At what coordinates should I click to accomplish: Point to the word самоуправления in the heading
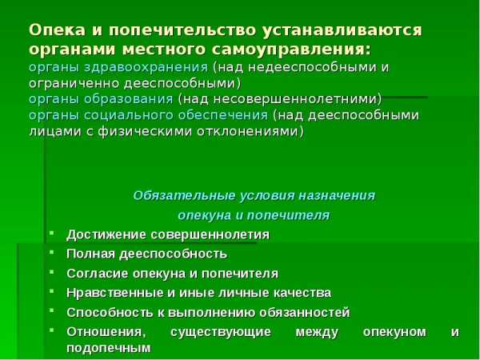[291, 50]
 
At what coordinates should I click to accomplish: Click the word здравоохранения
[146, 68]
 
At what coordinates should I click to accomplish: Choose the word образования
[129, 99]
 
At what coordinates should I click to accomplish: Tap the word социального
[129, 116]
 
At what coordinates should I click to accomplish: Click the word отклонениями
[250, 131]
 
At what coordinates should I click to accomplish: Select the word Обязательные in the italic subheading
[185, 196]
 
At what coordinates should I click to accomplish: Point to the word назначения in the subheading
[337, 196]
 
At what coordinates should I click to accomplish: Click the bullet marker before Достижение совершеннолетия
[51, 234]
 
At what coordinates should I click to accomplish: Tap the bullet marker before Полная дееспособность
[51, 253]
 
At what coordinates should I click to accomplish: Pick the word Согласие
[97, 273]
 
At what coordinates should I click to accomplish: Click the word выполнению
[211, 313]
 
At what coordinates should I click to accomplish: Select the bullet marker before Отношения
[51, 330]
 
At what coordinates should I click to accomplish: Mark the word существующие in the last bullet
[221, 332]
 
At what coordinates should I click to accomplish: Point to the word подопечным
[109, 348]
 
